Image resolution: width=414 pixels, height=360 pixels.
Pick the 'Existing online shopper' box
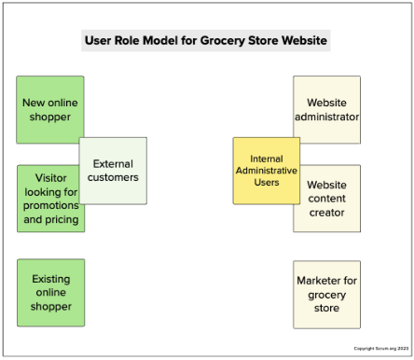point(50,292)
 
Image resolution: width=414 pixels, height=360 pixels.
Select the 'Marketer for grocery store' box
point(326,294)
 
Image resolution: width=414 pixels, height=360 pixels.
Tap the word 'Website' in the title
point(297,42)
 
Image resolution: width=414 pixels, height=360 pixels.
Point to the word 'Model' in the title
point(166,42)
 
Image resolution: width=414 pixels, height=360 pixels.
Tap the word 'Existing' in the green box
point(50,278)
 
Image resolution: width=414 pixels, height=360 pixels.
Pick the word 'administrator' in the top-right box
point(326,118)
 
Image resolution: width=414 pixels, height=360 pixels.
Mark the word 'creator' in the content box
point(326,213)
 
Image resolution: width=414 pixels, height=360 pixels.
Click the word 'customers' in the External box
point(113,177)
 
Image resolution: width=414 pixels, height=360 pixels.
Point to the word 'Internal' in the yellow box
point(267,159)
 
